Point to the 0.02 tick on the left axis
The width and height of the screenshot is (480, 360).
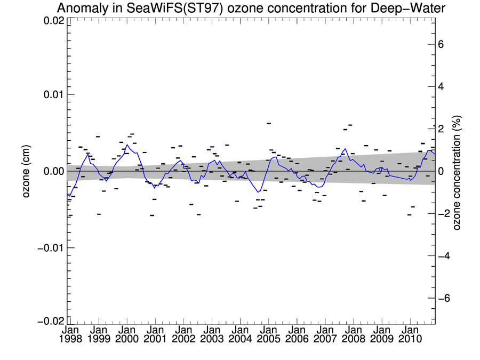(x=53, y=21)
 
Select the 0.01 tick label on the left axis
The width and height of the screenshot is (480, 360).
(x=53, y=95)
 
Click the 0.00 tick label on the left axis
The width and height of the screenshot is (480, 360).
(x=53, y=171)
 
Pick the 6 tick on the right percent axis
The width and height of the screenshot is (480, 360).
(x=441, y=44)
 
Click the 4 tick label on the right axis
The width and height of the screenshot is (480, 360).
(x=441, y=86)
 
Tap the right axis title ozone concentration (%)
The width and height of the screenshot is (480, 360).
(x=457, y=171)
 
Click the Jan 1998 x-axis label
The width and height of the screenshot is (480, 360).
(x=70, y=334)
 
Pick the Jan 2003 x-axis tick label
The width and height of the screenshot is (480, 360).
(x=212, y=334)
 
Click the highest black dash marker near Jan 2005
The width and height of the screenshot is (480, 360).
(x=269, y=123)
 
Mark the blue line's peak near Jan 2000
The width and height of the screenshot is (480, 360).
(x=127, y=145)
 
